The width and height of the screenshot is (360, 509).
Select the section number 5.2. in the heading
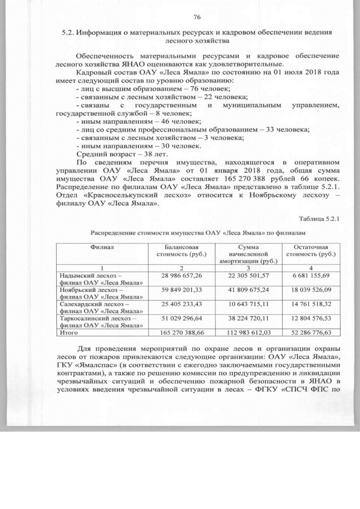coord(70,33)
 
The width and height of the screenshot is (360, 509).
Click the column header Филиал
coord(101,247)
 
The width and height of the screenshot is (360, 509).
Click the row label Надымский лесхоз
coord(87,274)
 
